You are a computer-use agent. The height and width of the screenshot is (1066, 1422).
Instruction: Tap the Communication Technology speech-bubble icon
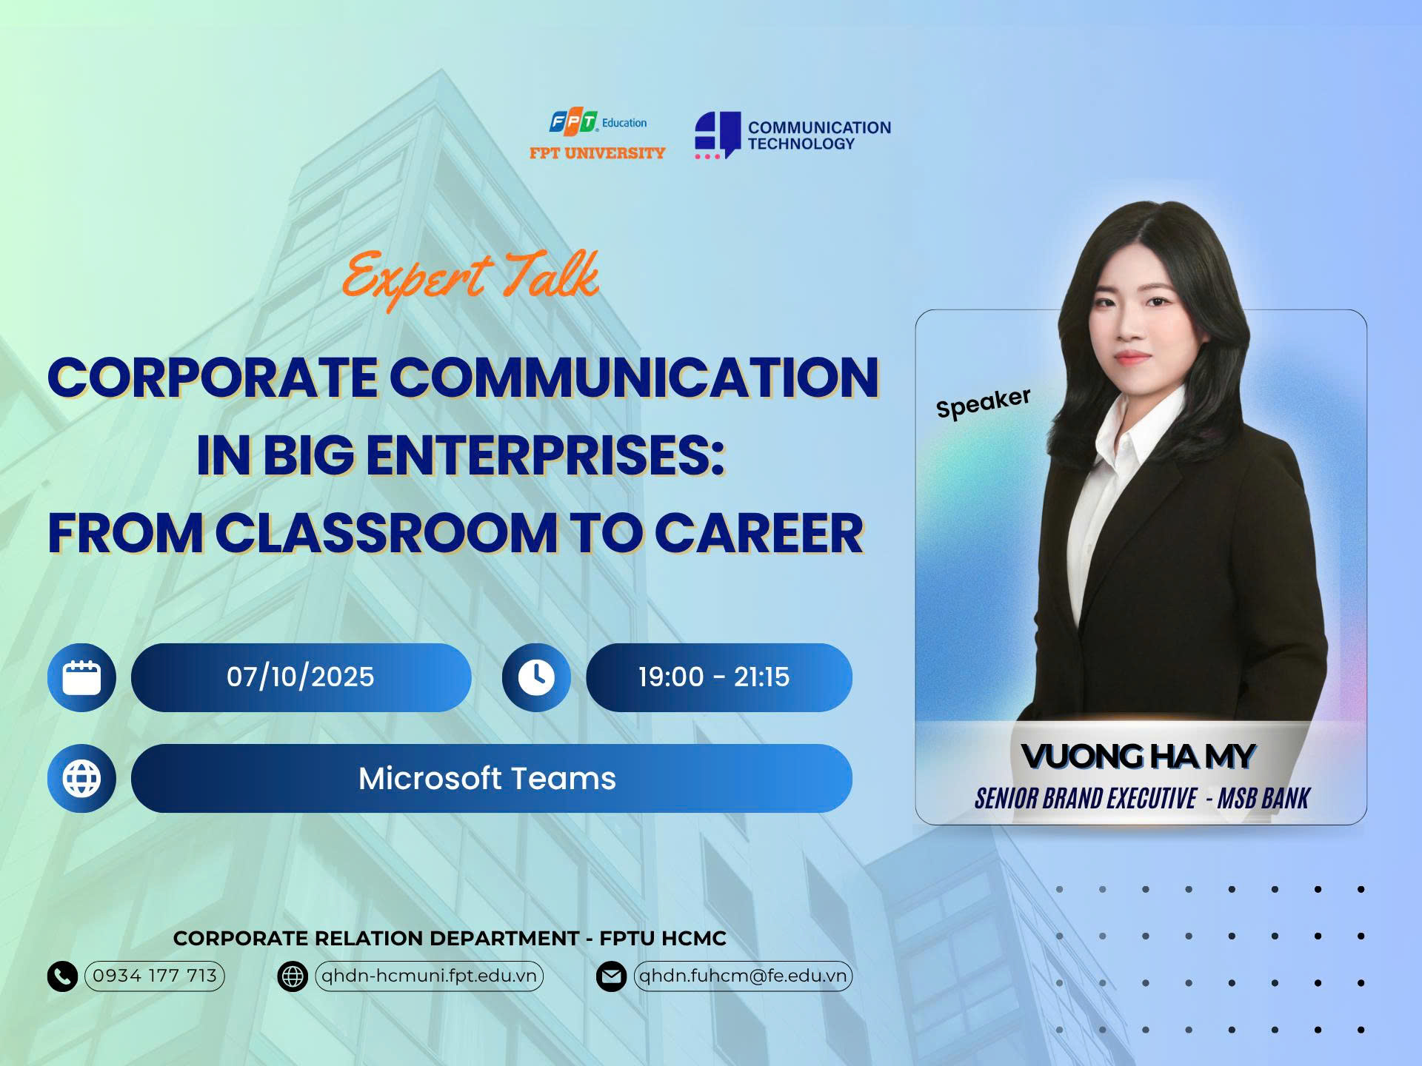tap(717, 135)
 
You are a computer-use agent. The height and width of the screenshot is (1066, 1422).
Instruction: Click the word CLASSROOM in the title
tap(386, 533)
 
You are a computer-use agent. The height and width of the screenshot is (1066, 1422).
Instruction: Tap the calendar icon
tap(81, 677)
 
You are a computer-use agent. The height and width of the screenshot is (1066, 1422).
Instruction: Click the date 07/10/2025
tap(301, 677)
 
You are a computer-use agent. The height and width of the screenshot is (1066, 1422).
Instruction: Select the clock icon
tap(536, 677)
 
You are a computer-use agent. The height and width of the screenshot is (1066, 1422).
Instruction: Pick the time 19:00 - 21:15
tap(714, 677)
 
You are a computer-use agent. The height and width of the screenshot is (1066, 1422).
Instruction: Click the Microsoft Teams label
tap(487, 779)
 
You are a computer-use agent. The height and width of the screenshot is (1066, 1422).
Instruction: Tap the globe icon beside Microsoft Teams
tap(81, 779)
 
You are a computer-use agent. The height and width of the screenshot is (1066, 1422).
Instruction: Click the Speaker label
tap(983, 403)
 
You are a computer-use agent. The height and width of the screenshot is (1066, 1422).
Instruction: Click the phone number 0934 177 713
tap(155, 976)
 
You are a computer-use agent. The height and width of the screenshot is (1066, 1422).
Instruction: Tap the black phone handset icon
tap(62, 976)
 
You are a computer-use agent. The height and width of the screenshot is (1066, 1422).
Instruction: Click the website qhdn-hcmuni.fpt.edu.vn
tap(430, 976)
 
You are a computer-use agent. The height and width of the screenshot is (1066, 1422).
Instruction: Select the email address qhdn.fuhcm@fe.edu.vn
tap(743, 976)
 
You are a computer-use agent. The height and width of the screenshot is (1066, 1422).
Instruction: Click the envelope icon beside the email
tap(611, 976)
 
